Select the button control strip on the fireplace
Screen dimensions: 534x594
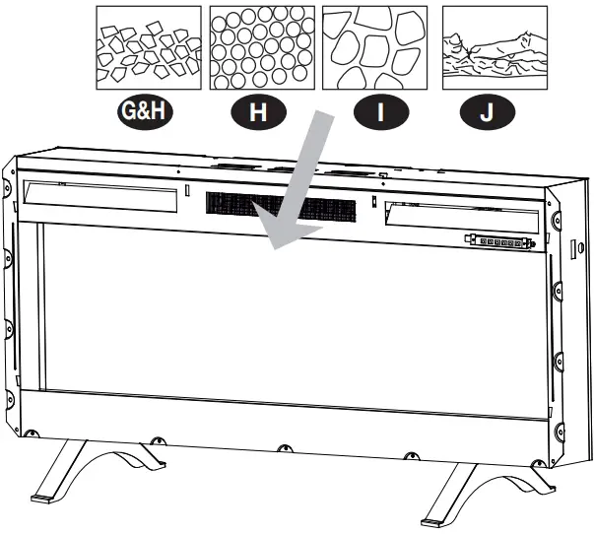pos(499,240)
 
